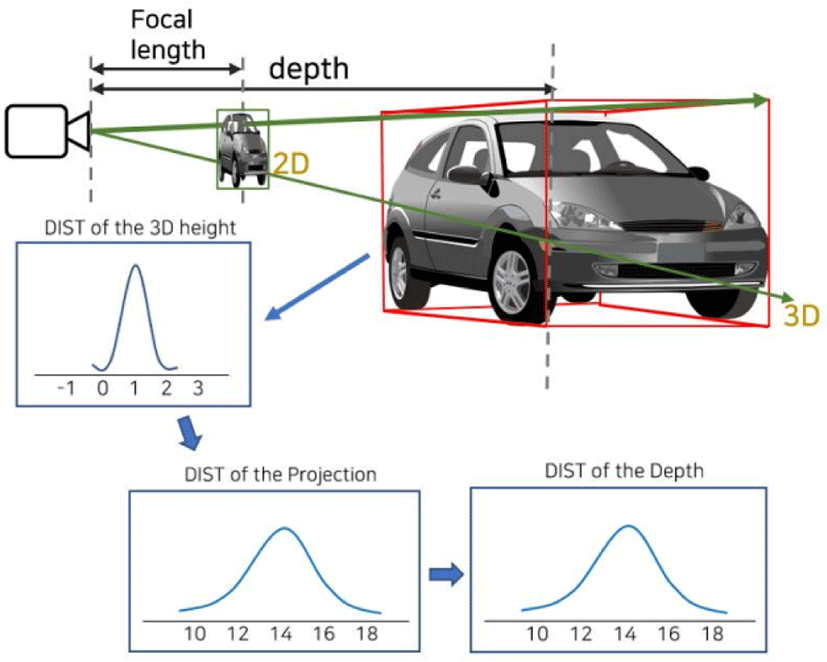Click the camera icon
[47, 131]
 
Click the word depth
[309, 69]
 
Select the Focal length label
[168, 35]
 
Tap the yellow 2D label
[291, 164]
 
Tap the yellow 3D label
[802, 315]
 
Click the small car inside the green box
[243, 149]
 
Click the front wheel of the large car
[513, 283]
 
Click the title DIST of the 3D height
[140, 227]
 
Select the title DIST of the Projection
[281, 474]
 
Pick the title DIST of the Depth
[624, 470]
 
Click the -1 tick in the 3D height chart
[66, 388]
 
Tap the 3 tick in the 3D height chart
[198, 388]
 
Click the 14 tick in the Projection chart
[281, 633]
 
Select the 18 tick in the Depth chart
[712, 633]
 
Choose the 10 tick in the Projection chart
[195, 633]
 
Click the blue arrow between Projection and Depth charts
[446, 574]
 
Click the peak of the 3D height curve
[136, 265]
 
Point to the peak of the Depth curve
[628, 526]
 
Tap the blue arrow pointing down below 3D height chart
[190, 433]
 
